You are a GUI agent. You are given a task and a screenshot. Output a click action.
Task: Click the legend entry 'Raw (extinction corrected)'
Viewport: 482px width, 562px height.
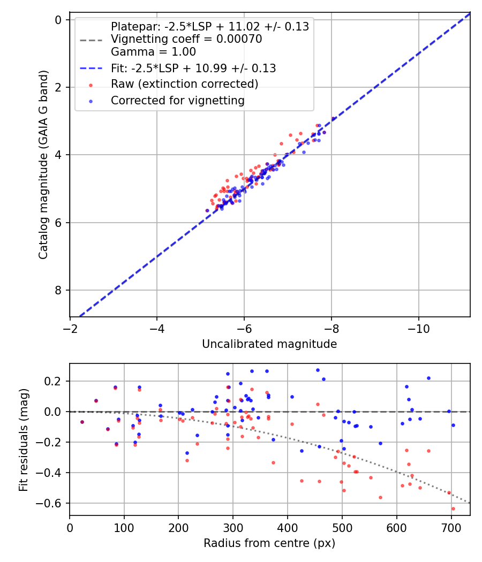pyautogui.click(x=184, y=84)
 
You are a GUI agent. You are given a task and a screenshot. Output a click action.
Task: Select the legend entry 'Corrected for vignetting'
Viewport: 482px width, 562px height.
pyautogui.click(x=177, y=101)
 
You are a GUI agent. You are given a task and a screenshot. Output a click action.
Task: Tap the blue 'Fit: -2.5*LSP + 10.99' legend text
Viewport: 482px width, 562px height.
pyautogui.click(x=193, y=68)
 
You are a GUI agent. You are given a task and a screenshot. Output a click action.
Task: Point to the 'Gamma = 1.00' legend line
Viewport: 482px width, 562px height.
pyautogui.click(x=153, y=52)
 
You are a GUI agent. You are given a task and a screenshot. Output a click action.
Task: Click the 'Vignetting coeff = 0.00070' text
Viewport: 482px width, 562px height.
pyautogui.click(x=186, y=39)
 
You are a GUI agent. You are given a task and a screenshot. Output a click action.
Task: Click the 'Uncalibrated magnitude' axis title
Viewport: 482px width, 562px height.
pyautogui.click(x=269, y=344)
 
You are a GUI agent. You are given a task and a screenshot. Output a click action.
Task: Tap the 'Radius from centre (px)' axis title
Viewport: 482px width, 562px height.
pyautogui.click(x=269, y=543)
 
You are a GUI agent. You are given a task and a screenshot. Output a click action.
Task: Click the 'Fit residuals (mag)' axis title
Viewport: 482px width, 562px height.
pyautogui.click(x=23, y=439)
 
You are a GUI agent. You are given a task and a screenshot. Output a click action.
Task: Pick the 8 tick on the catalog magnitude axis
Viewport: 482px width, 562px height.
pyautogui.click(x=59, y=290)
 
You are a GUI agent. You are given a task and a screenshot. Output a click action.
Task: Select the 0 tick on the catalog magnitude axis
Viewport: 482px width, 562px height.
pyautogui.click(x=59, y=20)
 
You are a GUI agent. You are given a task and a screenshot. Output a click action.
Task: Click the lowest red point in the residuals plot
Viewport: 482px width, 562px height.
pyautogui.click(x=453, y=508)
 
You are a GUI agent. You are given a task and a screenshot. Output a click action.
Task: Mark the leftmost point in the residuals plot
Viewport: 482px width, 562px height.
pyautogui.click(x=82, y=422)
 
